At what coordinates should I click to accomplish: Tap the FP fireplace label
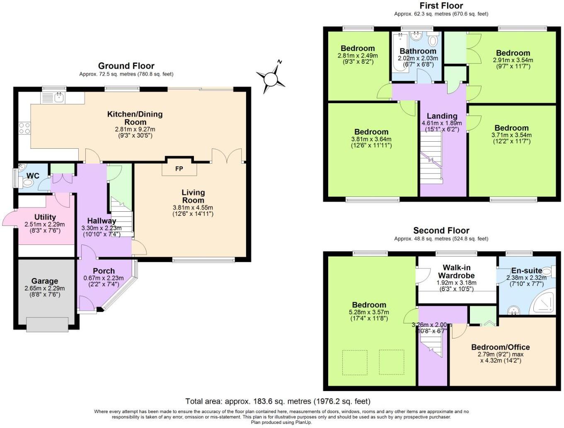[x=179, y=169]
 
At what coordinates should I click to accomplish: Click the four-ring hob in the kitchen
[x=24, y=128]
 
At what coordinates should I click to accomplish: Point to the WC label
[x=33, y=176]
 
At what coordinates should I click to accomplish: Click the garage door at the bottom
[x=47, y=324]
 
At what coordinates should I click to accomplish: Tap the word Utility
[x=45, y=217]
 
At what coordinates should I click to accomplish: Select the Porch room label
[x=104, y=271]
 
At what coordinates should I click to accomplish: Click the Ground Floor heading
[x=126, y=66]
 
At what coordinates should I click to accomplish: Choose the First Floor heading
[x=441, y=6]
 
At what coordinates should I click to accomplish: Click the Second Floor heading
[x=441, y=230]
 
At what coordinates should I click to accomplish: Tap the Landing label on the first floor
[x=442, y=116]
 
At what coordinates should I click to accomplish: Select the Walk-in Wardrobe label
[x=456, y=271]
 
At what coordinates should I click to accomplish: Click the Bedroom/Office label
[x=500, y=347]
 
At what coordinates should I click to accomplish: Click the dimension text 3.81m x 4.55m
[x=193, y=208]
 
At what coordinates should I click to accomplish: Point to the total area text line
[x=278, y=401]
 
